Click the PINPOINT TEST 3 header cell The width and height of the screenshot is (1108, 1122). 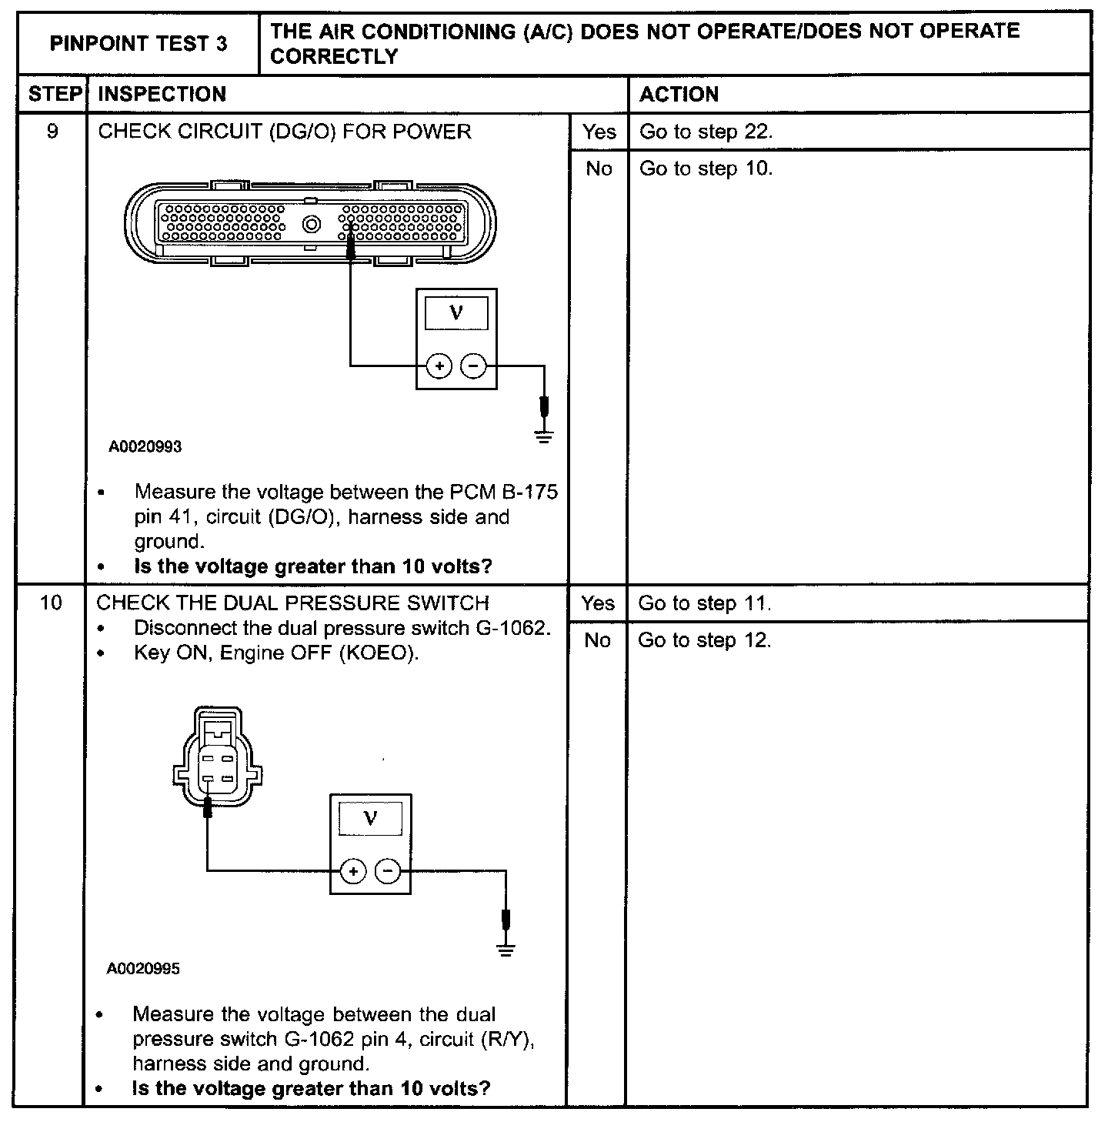point(138,44)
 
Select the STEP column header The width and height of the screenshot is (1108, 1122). point(53,94)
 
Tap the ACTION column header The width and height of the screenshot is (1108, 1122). point(679,94)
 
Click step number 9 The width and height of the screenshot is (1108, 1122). point(52,132)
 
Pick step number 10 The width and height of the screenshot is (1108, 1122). point(51,603)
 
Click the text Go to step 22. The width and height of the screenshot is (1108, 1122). point(706,132)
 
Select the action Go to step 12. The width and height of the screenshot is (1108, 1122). point(704,640)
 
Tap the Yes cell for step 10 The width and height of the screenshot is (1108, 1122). point(598,603)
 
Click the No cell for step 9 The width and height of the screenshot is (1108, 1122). point(599,169)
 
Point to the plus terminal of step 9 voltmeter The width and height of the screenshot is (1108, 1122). point(439,366)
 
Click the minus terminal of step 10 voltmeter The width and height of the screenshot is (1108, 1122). point(388,871)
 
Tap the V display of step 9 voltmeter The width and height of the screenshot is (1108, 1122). point(456,313)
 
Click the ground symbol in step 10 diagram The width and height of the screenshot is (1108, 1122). point(506,950)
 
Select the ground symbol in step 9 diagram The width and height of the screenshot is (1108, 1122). point(544,437)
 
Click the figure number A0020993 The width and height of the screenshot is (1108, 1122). point(145,446)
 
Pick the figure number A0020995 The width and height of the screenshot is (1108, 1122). point(144,968)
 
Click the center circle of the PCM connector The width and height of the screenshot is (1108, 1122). point(312,224)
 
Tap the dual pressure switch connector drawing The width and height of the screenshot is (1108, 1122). point(215,758)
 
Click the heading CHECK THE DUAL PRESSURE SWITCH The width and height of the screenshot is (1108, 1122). point(292,603)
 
